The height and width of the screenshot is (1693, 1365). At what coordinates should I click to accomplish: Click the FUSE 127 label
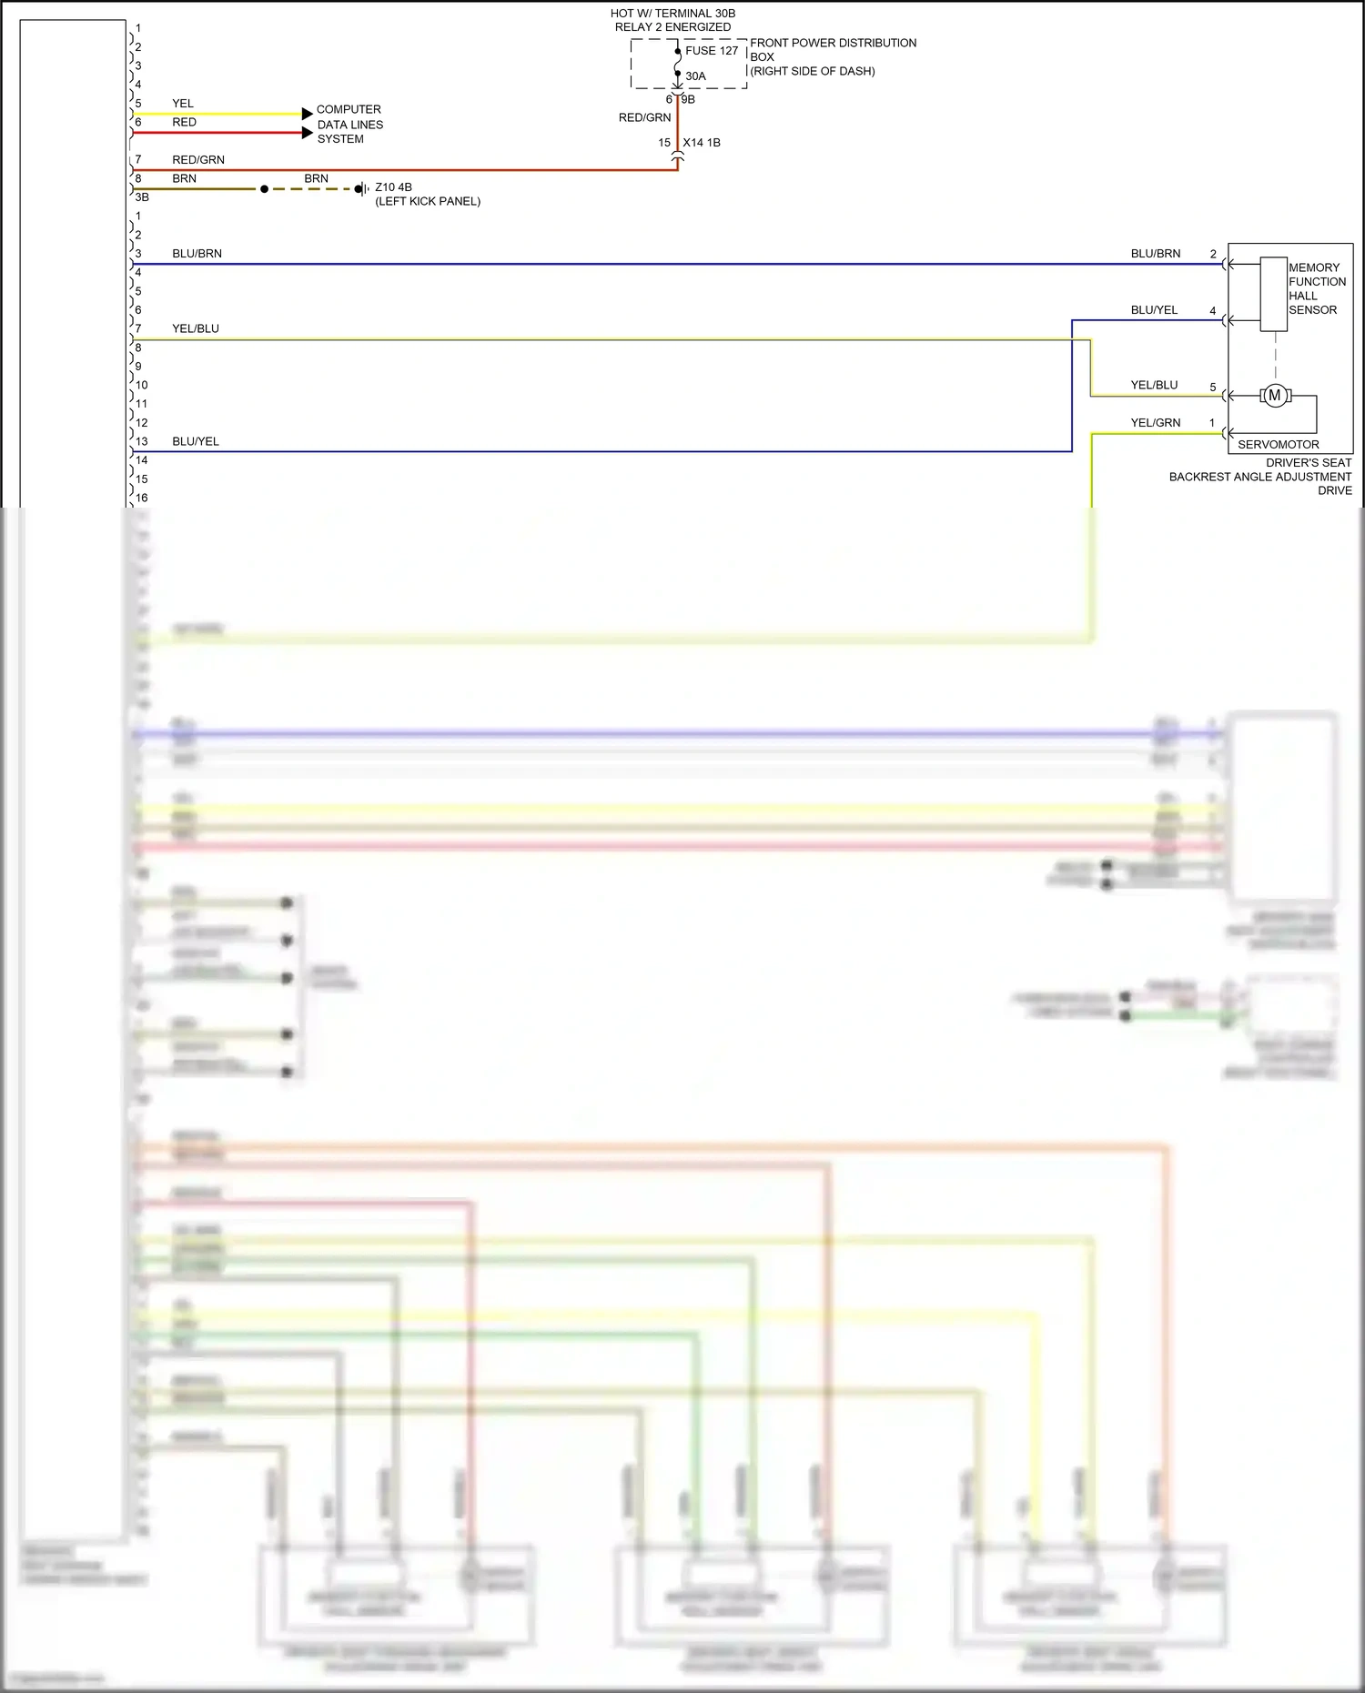coord(712,51)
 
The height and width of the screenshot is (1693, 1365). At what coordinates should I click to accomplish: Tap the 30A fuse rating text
coord(695,76)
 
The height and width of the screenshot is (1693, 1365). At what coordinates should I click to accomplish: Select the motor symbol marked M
coord(1274,396)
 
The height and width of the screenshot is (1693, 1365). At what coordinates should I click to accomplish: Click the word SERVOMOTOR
coord(1278,445)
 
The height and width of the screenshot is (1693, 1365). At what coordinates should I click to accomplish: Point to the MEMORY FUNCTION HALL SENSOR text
coord(1316,288)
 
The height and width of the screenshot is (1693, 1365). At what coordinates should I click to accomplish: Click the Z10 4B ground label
coord(393,187)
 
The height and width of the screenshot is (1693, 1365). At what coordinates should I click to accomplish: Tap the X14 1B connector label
coord(701,143)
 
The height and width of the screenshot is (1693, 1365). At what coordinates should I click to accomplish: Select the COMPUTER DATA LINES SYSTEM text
coord(349,125)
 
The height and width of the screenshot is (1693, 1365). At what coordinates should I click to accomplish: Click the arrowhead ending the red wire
coord(308,133)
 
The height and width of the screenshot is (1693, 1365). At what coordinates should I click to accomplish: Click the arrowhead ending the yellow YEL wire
coord(308,114)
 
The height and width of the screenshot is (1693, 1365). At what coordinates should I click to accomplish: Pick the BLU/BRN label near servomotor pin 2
coord(1155,254)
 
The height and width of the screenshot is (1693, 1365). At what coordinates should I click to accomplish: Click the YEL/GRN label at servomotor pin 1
coord(1155,423)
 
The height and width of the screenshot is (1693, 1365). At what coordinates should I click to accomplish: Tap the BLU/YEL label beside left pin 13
coord(196,441)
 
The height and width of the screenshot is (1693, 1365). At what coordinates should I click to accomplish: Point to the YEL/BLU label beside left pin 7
coord(196,328)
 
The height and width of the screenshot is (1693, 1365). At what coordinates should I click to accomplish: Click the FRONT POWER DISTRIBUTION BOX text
coord(832,56)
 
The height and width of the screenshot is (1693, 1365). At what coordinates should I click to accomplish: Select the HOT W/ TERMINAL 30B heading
coord(672,14)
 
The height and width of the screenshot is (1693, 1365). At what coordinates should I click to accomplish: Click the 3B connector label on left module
coord(142,197)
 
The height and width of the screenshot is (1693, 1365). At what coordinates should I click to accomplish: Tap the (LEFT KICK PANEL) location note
coord(428,201)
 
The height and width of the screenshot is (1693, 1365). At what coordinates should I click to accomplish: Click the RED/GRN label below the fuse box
coord(644,117)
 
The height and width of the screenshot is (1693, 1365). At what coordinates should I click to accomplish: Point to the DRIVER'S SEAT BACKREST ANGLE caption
coord(1260,477)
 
